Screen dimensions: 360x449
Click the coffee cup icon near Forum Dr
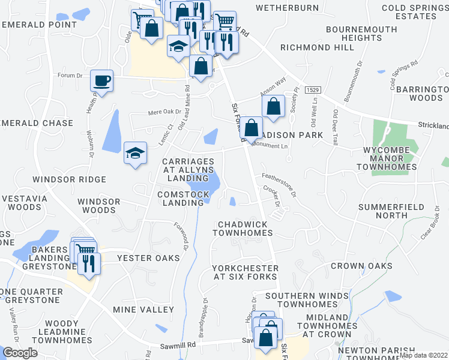click(x=102, y=80)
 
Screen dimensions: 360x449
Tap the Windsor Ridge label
click(x=69, y=179)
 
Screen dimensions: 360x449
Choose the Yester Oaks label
click(x=148, y=258)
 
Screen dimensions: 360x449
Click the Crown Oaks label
click(x=361, y=266)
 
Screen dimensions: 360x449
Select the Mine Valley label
click(x=143, y=310)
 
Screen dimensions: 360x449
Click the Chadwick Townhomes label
click(x=243, y=228)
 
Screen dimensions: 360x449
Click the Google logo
click(x=19, y=353)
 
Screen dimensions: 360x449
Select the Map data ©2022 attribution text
click(x=424, y=355)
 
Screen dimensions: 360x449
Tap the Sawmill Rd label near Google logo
click(x=178, y=346)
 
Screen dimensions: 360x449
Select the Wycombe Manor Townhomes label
click(x=387, y=158)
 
